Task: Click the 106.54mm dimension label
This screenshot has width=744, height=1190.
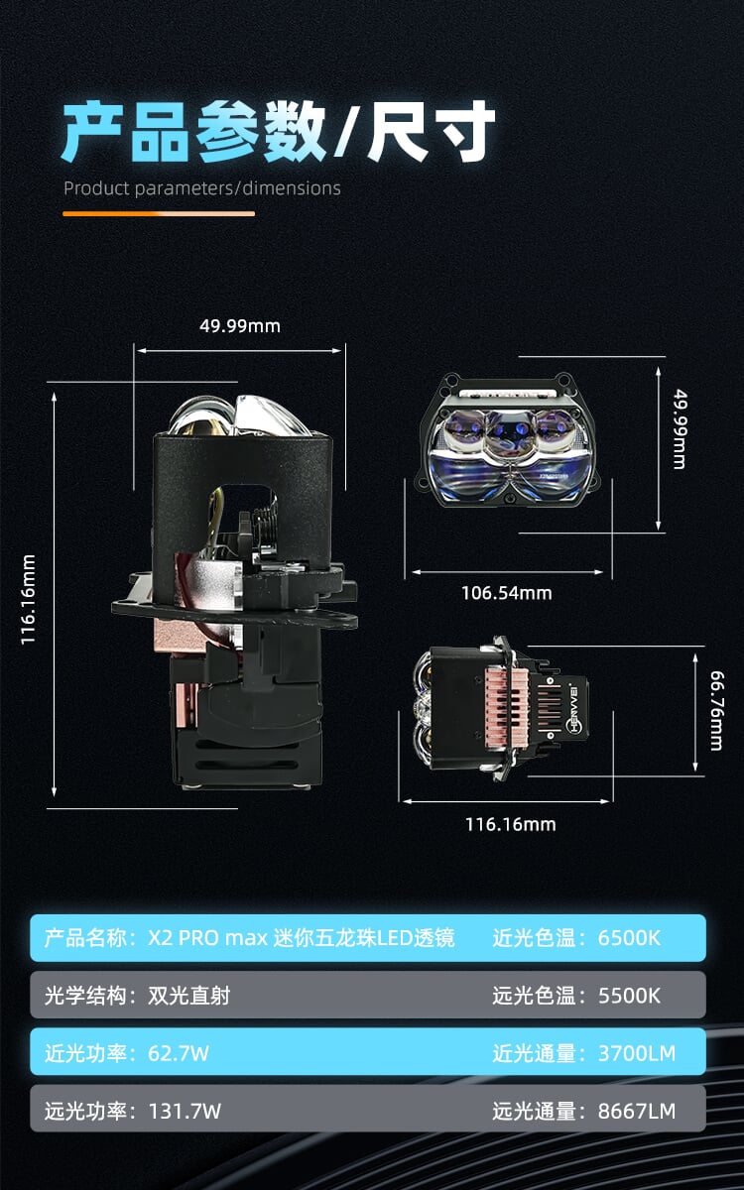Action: tap(507, 593)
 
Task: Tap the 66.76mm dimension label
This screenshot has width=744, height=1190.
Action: tap(717, 711)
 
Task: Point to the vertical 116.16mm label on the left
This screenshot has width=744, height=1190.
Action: tap(28, 600)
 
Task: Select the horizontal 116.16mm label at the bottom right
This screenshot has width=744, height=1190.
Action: tap(511, 824)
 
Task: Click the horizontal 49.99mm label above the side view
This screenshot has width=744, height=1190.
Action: tap(240, 325)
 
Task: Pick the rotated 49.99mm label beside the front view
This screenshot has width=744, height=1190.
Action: tap(680, 429)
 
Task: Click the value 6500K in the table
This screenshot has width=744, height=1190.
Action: tap(629, 938)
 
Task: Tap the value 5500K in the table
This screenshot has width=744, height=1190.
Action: tap(629, 996)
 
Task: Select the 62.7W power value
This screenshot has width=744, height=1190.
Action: tap(179, 1053)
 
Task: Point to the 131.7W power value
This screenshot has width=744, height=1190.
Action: tap(185, 1111)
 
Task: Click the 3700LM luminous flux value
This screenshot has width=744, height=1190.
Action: tap(637, 1053)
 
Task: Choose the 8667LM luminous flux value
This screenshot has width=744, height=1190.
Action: tap(637, 1111)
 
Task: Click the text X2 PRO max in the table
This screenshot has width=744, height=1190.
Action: tap(207, 938)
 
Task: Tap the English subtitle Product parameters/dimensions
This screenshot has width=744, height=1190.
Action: tap(202, 188)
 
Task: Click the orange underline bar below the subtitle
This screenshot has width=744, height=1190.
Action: tap(159, 213)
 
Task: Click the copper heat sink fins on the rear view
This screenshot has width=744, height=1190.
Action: tap(507, 706)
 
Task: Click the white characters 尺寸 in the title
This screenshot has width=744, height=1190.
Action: tap(432, 131)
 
